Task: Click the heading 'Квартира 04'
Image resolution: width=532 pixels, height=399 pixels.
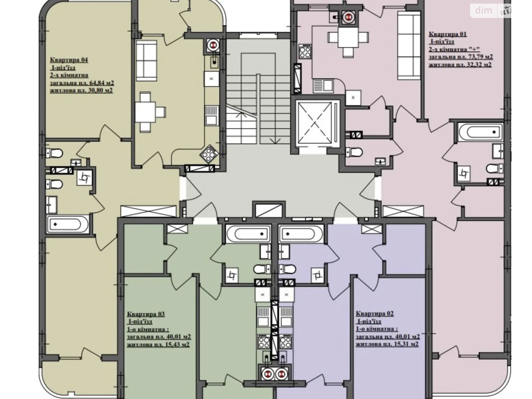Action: point(69,60)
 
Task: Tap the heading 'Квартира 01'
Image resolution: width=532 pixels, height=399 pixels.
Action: point(448,34)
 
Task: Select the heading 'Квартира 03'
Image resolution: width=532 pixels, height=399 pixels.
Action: point(146,314)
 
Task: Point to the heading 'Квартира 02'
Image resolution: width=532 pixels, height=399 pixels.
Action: point(375,314)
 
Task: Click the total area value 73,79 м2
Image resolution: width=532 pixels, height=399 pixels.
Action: point(477,57)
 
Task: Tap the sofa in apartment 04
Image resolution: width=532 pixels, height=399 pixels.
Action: point(146,61)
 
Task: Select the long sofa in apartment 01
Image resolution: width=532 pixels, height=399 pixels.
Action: point(409,46)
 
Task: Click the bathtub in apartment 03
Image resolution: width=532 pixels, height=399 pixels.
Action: point(248,234)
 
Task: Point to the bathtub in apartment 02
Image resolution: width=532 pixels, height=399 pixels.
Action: point(301,234)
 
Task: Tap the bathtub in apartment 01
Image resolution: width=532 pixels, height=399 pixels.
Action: point(481,132)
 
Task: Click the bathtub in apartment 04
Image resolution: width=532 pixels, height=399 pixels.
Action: point(68,224)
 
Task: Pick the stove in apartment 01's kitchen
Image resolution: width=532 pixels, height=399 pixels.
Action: point(305,51)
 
